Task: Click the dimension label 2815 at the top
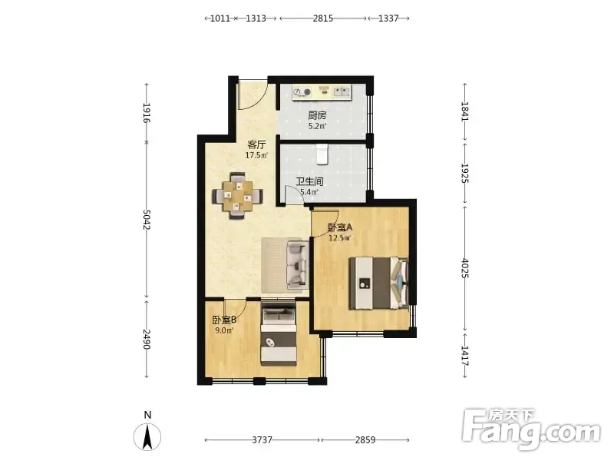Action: pyautogui.click(x=322, y=18)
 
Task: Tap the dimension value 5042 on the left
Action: pyautogui.click(x=147, y=220)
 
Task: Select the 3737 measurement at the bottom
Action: pyautogui.click(x=262, y=439)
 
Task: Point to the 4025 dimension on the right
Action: pyautogui.click(x=465, y=268)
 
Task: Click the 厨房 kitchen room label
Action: pyautogui.click(x=317, y=116)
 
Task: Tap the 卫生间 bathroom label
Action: pyautogui.click(x=309, y=181)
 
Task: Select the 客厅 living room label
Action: pyautogui.click(x=256, y=144)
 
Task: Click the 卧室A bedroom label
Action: pyautogui.click(x=340, y=227)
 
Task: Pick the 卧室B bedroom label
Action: pyautogui.click(x=224, y=320)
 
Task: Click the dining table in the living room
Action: pyautogui.click(x=238, y=195)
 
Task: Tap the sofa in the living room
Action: pyautogui.click(x=296, y=264)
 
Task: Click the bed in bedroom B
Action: pyautogui.click(x=279, y=335)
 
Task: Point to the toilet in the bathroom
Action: pyautogui.click(x=322, y=154)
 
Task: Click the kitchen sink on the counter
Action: pyautogui.click(x=342, y=92)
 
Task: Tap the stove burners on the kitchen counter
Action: pyautogui.click(x=302, y=92)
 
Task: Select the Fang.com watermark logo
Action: pyautogui.click(x=530, y=429)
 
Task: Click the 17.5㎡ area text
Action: pyautogui.click(x=256, y=155)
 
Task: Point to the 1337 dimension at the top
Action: pyautogui.click(x=388, y=18)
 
